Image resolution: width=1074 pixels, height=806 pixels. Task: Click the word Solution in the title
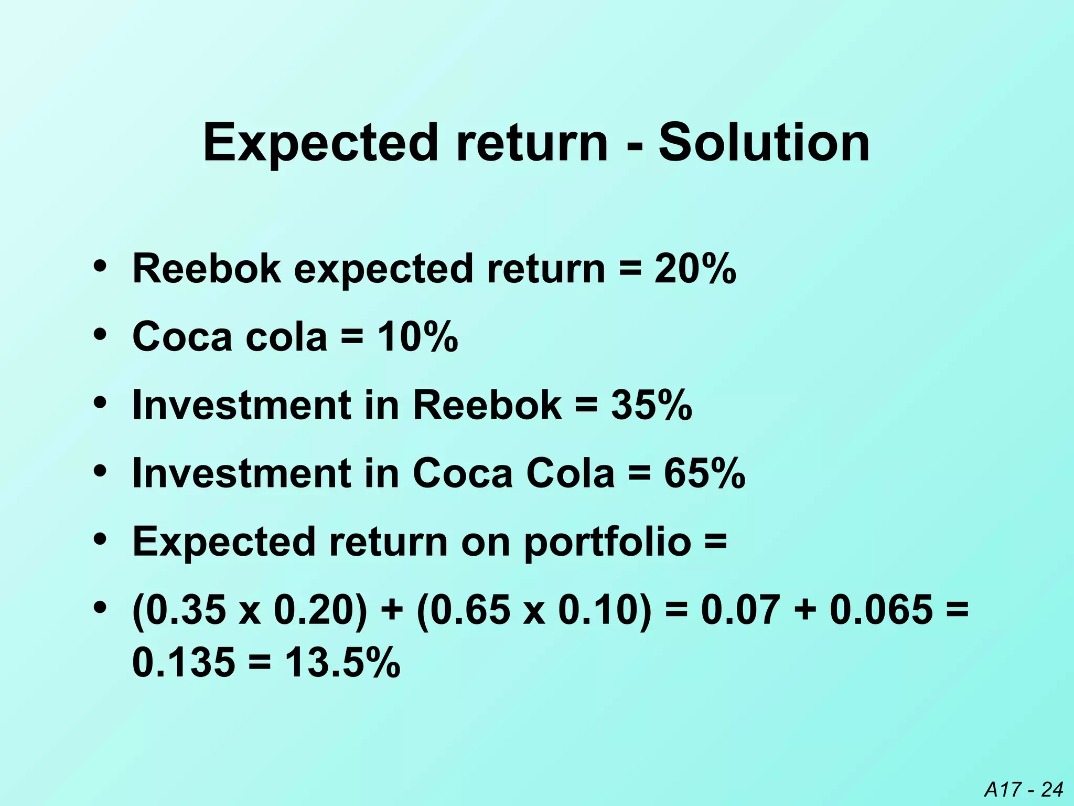point(764,142)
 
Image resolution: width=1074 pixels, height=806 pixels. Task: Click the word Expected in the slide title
point(320,143)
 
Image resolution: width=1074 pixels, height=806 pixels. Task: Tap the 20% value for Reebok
point(695,269)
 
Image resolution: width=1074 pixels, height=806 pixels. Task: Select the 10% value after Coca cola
point(417,336)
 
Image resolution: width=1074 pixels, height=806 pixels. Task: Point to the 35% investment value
point(651,405)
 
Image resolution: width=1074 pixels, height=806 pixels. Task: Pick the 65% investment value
point(704,473)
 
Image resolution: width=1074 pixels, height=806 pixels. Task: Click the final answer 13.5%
point(343,663)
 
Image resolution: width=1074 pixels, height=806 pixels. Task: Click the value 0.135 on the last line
point(184,663)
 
